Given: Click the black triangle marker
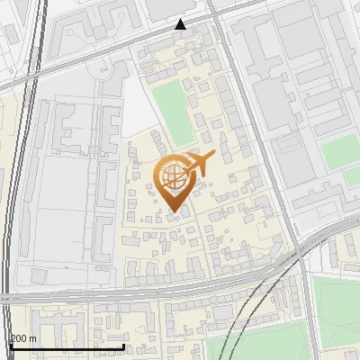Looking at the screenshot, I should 181,24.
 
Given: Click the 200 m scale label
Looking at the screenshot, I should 23,338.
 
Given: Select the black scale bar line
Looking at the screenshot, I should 67,346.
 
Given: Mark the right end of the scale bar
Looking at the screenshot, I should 124,346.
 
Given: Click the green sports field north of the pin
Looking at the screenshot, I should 173,112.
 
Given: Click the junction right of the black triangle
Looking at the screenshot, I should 216,20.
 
